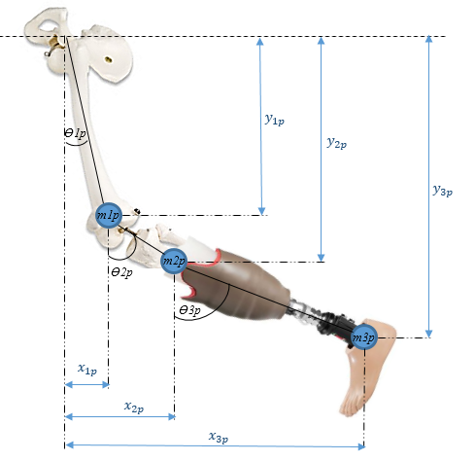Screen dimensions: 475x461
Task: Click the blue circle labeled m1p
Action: (109, 215)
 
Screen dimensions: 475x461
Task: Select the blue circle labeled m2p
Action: (174, 262)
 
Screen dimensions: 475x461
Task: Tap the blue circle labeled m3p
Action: (364, 337)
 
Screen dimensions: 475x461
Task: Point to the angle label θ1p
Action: (75, 133)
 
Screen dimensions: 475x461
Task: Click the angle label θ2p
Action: (121, 272)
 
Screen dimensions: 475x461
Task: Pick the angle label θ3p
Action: (189, 310)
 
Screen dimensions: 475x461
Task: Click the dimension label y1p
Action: (275, 120)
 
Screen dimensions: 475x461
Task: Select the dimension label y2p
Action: (337, 143)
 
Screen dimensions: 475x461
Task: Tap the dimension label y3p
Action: (443, 191)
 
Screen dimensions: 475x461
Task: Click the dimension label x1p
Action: (87, 369)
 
